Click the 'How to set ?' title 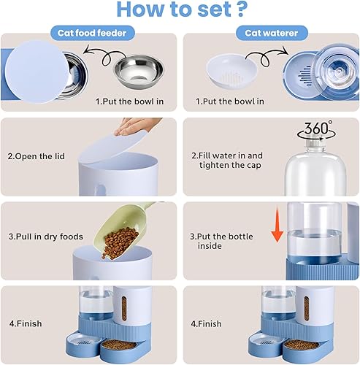pyautogui.click(x=180, y=10)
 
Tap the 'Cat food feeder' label pyautogui.click(x=92, y=33)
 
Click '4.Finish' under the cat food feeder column pyautogui.click(x=25, y=322)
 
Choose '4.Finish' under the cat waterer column pyautogui.click(x=206, y=322)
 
